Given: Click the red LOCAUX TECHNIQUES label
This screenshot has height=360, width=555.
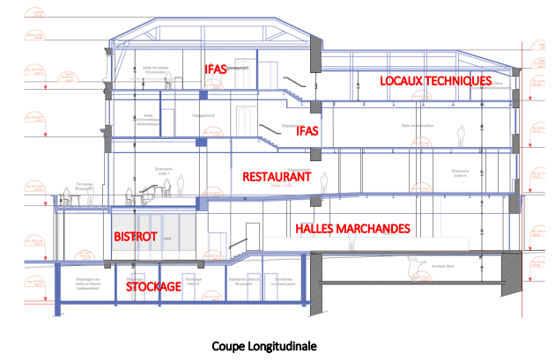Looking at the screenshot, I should click(435, 81).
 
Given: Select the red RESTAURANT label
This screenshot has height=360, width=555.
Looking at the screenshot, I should click(277, 177).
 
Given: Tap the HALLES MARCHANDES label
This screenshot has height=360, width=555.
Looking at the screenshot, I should click(352, 229).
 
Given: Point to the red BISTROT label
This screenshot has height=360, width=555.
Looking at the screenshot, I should click(136, 237).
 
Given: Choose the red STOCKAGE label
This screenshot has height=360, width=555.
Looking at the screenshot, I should click(153, 287).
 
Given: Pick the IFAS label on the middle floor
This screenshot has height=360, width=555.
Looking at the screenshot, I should click(307, 131).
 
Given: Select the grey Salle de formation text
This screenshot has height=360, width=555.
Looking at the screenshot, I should click(418, 126).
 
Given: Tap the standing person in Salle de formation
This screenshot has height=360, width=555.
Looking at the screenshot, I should click(459, 136).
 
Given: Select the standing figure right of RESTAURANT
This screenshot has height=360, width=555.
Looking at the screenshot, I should click(324, 182).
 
